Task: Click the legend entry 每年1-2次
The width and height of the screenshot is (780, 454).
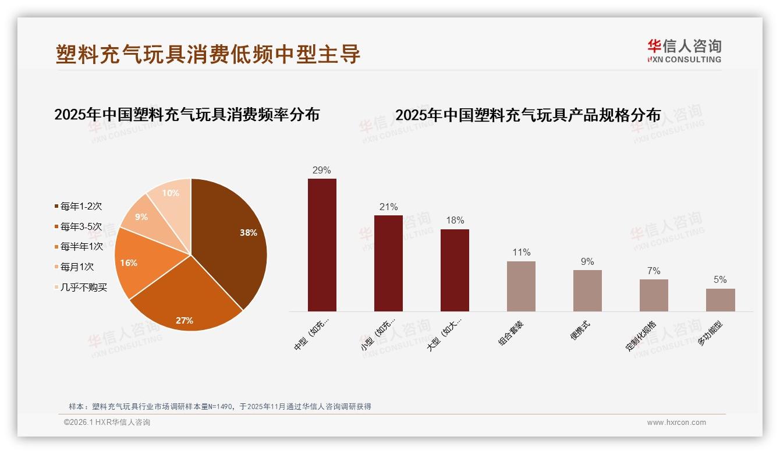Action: [x=81, y=207]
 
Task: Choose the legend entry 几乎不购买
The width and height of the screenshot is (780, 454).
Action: [x=83, y=288]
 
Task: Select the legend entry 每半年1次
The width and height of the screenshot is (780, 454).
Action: [x=81, y=247]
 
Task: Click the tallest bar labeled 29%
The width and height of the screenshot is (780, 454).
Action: [x=322, y=244]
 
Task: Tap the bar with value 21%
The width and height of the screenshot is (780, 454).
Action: [x=388, y=263]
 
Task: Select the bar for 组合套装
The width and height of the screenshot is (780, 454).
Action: [x=521, y=286]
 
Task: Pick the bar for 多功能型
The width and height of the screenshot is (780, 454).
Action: [x=720, y=300]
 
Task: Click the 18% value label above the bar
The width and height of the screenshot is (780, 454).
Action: [x=455, y=221]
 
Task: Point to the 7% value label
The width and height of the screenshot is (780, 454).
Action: [x=654, y=271]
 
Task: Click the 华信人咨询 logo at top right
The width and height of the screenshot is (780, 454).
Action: [x=684, y=51]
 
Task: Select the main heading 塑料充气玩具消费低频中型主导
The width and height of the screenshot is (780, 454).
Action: [x=208, y=54]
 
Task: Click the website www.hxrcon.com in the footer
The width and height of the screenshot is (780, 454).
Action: [x=676, y=423]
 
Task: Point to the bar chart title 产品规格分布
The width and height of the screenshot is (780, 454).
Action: [x=528, y=115]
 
